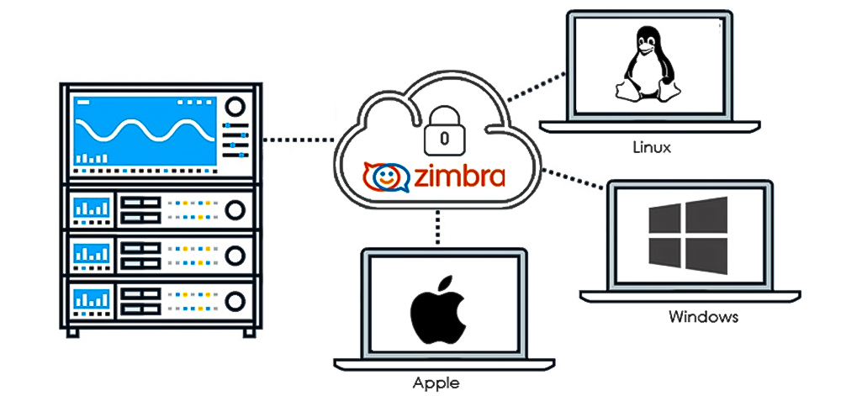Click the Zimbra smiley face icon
(383, 177)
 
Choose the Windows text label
(703, 317)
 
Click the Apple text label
(436, 383)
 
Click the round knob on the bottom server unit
(237, 298)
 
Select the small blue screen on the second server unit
(92, 207)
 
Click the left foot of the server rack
(74, 330)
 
